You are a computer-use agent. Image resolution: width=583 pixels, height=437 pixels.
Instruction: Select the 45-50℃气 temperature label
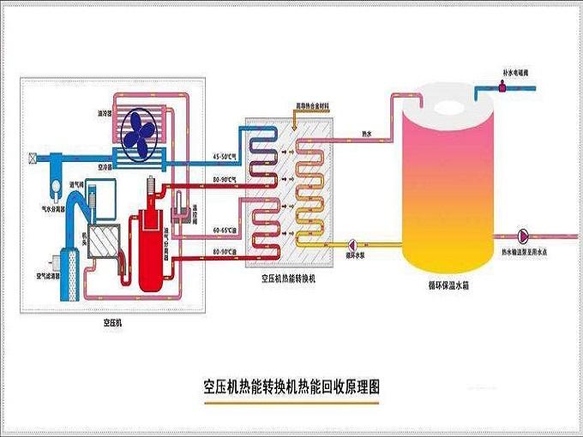point(224,156)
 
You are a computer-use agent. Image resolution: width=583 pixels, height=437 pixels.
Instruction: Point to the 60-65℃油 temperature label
point(224,231)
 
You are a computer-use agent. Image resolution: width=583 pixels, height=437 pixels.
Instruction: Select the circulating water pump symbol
point(352,242)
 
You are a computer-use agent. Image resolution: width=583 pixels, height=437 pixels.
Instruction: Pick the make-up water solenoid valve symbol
point(499,86)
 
